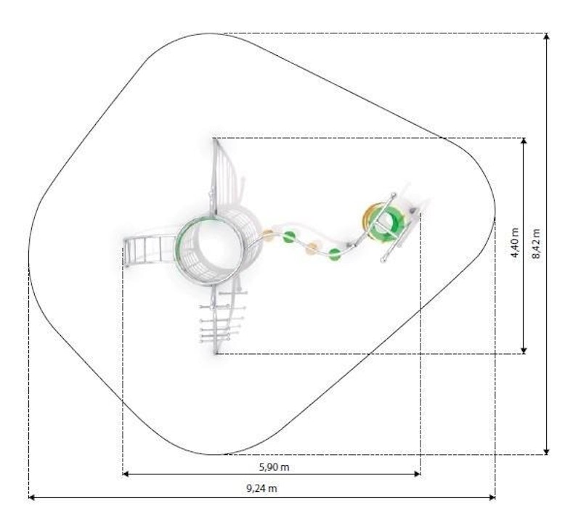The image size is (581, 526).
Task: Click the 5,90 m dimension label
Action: (274, 467)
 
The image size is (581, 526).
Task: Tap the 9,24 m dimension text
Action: (261, 488)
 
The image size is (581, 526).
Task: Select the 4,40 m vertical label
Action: (515, 242)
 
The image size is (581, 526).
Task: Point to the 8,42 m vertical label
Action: (536, 244)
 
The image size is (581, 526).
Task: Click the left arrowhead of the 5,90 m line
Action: (125, 474)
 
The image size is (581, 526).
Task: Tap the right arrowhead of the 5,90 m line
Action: (417, 474)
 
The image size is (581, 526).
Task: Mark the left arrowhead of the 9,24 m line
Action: (32, 498)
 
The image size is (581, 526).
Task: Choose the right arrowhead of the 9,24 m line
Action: (492, 498)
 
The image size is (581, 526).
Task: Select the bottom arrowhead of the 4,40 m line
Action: (524, 350)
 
